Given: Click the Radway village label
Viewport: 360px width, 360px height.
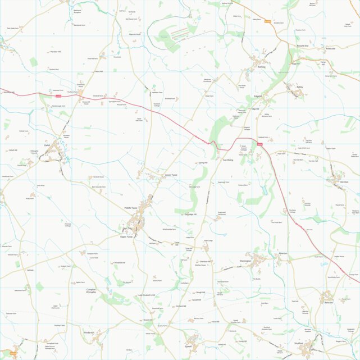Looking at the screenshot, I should point(261,67).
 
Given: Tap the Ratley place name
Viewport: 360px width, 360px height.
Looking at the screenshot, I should point(300,87).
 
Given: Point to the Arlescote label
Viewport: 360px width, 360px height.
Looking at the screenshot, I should point(315,48).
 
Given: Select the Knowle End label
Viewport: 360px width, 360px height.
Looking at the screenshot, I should point(303,45).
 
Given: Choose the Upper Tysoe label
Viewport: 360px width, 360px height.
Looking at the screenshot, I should point(126,236).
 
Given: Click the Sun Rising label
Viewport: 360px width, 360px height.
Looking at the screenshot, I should point(227,160).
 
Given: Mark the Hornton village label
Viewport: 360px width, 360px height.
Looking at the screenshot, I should point(344,182).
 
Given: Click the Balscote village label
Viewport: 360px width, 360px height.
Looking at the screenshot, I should point(328,302).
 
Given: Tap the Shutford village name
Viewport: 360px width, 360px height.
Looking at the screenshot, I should point(298,343).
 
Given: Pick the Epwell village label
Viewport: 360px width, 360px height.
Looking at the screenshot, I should point(188,346).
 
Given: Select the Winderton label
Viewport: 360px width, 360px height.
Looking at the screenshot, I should point(89,332).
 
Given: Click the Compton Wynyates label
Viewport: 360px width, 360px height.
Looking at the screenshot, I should point(92,291).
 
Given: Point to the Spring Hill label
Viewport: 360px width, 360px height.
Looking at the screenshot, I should point(203,162).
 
